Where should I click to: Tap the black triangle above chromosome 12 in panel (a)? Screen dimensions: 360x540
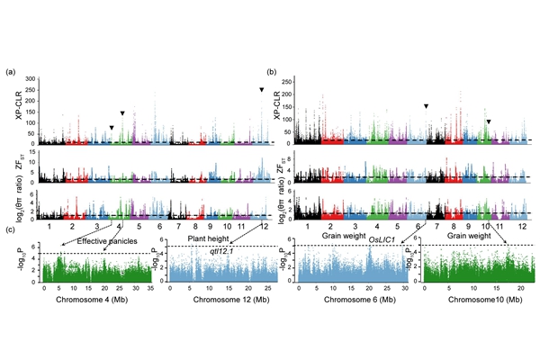pos(261,90)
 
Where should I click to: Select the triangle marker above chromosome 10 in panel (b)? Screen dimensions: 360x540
pos(489,121)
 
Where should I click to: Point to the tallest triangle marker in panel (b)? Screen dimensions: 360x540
pos(427,106)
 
